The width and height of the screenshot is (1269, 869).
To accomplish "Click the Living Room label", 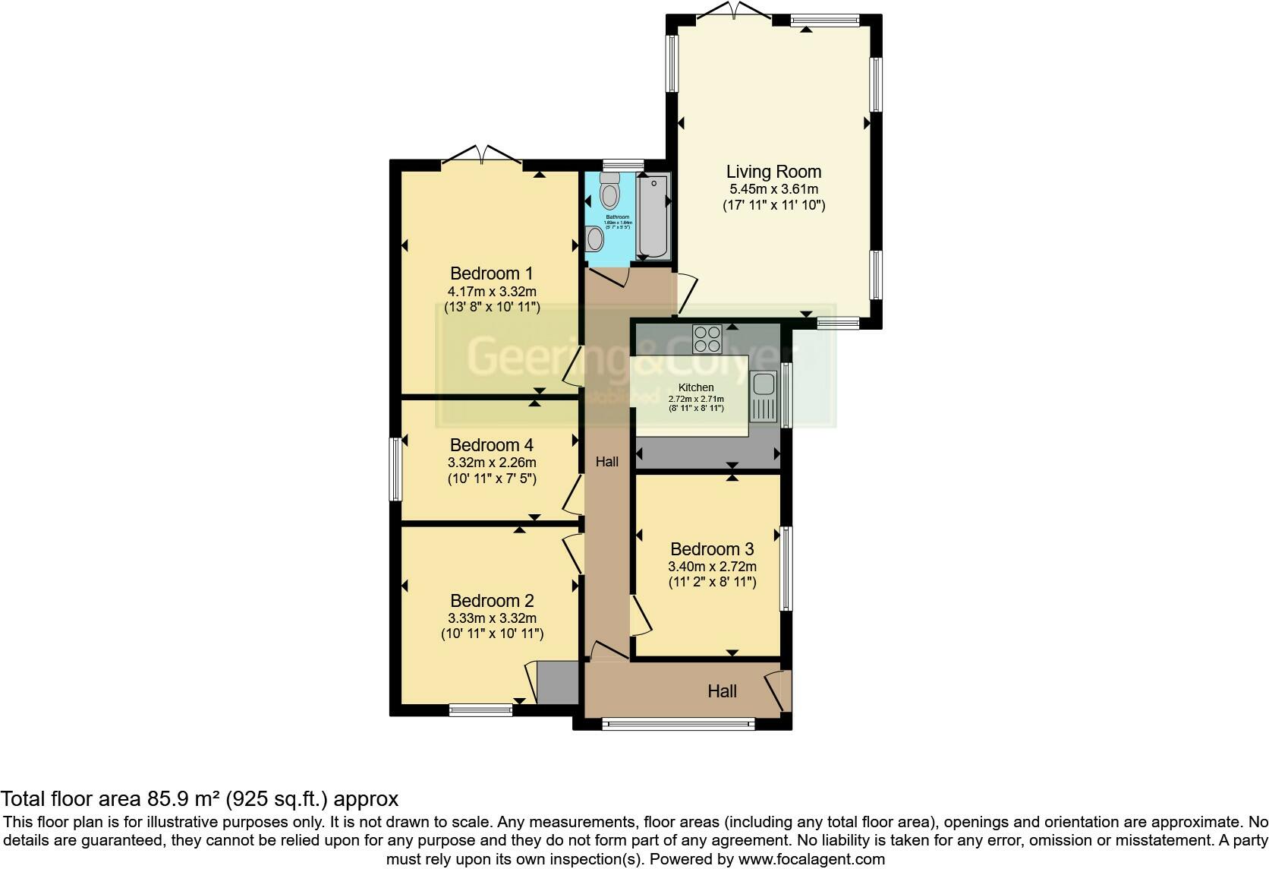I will coord(773,172).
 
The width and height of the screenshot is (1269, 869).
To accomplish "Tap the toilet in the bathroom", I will coord(609,191).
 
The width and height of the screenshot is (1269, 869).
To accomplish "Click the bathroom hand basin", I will coord(594,240).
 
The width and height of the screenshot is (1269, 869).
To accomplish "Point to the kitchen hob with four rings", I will coord(707,339).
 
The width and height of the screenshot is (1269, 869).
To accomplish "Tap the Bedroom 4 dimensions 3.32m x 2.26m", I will coord(492,463).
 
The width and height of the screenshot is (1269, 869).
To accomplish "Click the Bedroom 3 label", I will coord(712,549).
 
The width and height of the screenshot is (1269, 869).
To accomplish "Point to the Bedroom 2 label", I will coord(492,601).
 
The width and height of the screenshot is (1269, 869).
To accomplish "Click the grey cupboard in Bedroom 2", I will coord(558,683).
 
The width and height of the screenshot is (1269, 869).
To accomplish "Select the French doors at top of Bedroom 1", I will coord(483,155).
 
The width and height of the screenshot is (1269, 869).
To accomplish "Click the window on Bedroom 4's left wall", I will coord(395,469).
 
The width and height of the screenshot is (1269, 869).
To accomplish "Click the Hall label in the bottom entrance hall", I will coord(722,691).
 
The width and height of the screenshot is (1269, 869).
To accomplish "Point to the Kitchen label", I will coord(695,387).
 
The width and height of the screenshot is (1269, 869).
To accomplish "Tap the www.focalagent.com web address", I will coord(811,859).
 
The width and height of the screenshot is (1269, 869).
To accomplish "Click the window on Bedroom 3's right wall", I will coord(786,568).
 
